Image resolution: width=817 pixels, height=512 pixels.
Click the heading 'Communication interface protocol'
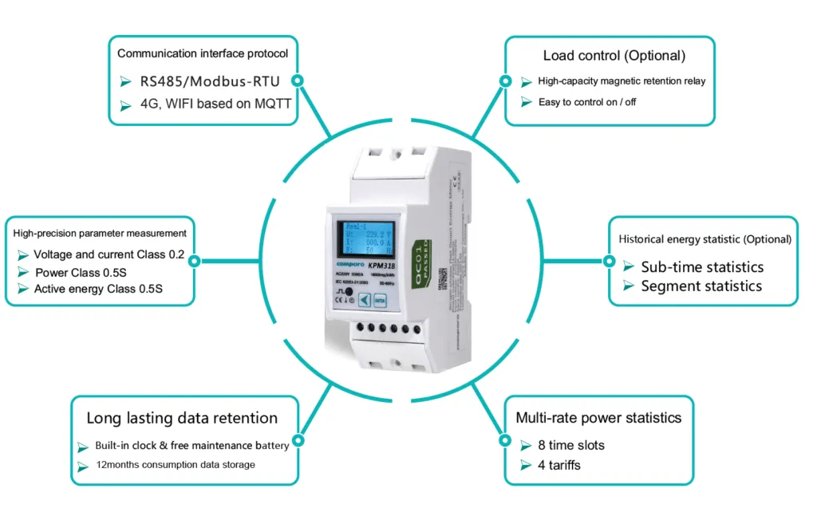coord(203,53)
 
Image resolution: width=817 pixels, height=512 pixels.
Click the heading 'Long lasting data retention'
coord(182,418)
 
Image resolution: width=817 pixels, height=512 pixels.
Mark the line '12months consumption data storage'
coord(176,465)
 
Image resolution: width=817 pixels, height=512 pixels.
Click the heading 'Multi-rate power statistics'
coord(598,418)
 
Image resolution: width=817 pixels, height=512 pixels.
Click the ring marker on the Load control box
coord(504,81)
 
